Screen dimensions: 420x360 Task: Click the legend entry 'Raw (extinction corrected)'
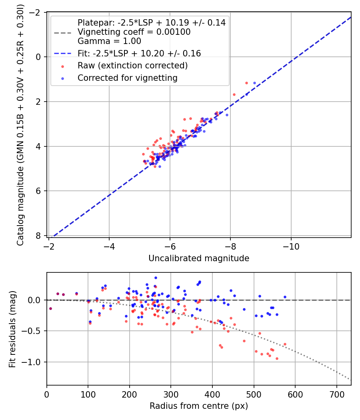pos(132,66)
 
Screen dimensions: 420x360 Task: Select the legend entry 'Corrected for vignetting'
pos(127,78)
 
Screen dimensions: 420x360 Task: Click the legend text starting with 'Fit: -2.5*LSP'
pos(139,53)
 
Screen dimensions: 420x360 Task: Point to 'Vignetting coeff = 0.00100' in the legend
pos(134,32)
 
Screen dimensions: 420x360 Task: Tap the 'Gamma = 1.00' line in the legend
pos(109,41)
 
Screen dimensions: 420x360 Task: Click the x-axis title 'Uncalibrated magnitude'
pos(199,258)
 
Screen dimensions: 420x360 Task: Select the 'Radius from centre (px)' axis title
pos(199,406)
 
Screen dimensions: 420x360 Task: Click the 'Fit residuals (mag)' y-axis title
pos(12,329)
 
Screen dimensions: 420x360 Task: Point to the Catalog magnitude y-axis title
pos(20,125)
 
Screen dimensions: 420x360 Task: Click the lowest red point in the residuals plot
pos(277,358)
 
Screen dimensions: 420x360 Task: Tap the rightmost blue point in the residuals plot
pos(285,297)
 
